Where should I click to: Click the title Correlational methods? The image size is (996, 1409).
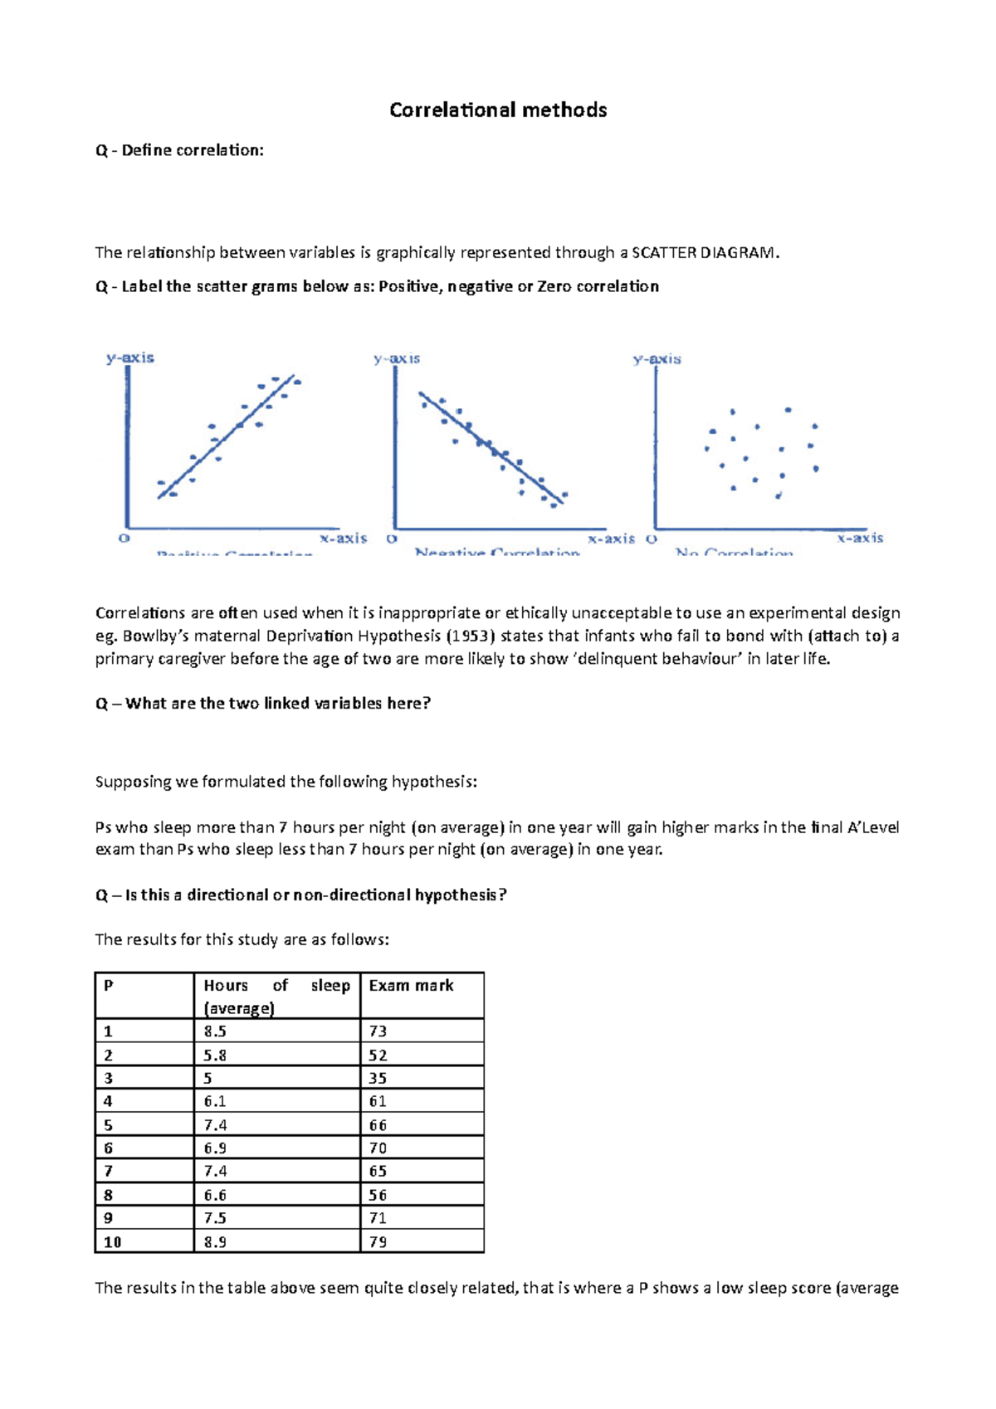pos(498,110)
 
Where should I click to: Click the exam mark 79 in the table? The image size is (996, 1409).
pos(378,1242)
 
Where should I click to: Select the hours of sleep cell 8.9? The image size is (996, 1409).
pos(215,1242)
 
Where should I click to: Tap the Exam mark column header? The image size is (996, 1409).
pos(411,986)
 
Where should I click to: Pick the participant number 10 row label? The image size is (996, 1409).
pos(113,1242)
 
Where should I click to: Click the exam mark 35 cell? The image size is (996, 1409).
pos(378,1079)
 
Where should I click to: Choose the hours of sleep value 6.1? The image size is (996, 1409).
pos(215,1102)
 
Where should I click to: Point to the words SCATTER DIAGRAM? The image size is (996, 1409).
pos(705,253)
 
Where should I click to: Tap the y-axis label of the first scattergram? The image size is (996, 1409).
pos(130,358)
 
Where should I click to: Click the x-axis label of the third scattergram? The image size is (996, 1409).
pos(860,539)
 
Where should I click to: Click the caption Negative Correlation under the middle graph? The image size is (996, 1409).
pos(497,552)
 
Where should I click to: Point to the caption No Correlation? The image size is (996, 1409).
pos(734,552)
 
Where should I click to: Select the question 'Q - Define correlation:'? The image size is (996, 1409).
pos(179,151)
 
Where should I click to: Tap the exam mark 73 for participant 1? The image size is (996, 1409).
pos(378,1031)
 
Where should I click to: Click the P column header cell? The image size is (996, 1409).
pos(109,986)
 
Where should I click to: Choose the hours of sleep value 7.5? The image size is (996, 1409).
pos(215,1218)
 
